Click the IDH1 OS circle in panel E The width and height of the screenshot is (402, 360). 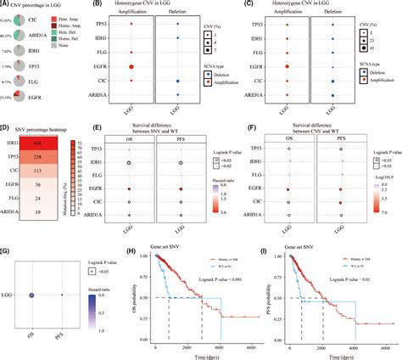pos(129,138)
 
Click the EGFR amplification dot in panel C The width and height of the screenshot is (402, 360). pos(290,65)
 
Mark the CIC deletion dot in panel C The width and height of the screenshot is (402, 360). pos(332,81)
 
